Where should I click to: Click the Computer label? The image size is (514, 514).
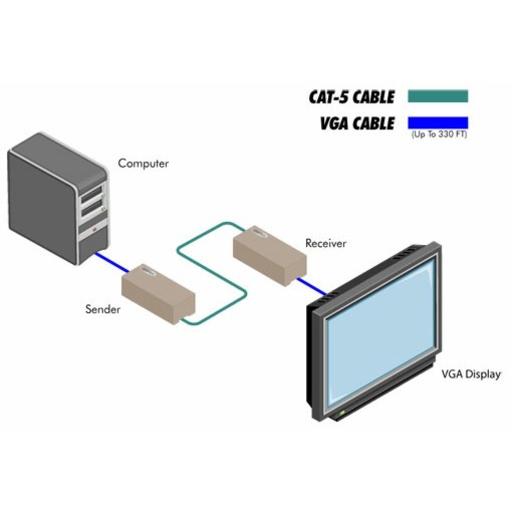click(x=143, y=164)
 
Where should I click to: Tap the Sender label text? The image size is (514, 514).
click(x=103, y=309)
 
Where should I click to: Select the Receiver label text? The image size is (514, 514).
click(x=326, y=243)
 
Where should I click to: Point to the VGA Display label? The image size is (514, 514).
click(x=471, y=374)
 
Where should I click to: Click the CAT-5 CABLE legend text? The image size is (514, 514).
click(x=352, y=97)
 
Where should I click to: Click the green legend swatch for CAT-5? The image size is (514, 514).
click(x=438, y=96)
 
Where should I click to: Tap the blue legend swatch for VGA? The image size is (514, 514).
click(x=438, y=123)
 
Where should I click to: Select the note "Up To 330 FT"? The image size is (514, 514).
click(x=439, y=135)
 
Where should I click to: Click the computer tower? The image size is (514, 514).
click(x=57, y=198)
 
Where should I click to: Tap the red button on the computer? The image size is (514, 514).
click(x=95, y=230)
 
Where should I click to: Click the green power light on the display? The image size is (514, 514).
click(x=340, y=413)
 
